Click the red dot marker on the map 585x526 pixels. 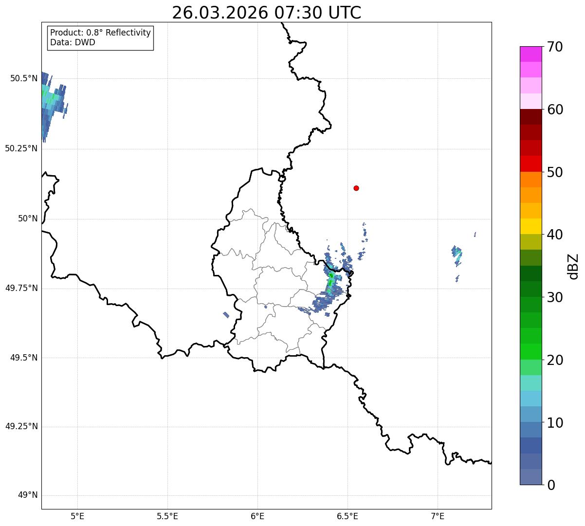pyautogui.click(x=356, y=188)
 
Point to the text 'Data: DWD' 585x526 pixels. pyautogui.click(x=73, y=42)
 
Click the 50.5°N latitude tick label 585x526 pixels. pyautogui.click(x=23, y=78)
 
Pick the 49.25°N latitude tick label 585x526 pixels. pyautogui.click(x=21, y=427)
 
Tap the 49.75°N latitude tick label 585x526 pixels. pyautogui.click(x=21, y=288)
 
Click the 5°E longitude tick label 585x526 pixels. pyautogui.click(x=77, y=516)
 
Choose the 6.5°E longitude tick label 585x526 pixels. pyautogui.click(x=347, y=516)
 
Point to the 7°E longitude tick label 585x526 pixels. pyautogui.click(x=438, y=516)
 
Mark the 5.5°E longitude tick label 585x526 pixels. pyautogui.click(x=167, y=516)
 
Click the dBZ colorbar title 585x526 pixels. pyautogui.click(x=574, y=266)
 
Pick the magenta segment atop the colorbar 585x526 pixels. pyautogui.click(x=530, y=54)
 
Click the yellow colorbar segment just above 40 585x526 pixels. pyautogui.click(x=530, y=226)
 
